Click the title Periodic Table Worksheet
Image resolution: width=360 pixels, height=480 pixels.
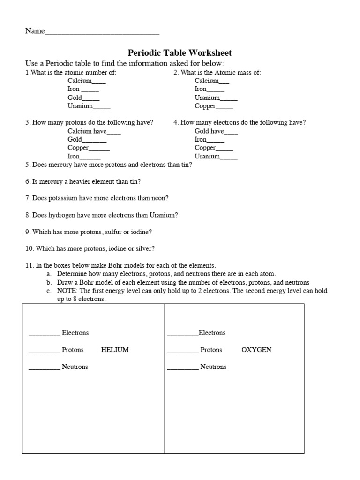coord(180,53)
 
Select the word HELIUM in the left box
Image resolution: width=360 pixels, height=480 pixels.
coord(115,350)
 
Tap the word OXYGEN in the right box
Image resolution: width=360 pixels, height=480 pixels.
coord(256,350)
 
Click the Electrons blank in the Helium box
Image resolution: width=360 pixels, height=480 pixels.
coord(44,334)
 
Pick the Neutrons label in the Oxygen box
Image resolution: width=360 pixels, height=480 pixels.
coord(213,367)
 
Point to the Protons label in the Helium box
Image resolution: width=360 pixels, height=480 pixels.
coord(73,350)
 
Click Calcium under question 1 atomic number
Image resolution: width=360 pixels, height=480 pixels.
coord(80,81)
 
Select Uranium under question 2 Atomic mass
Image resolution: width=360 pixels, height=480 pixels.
coord(207,97)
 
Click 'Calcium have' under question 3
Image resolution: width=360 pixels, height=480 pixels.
coord(87,131)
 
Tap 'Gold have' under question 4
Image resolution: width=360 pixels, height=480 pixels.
coord(209,131)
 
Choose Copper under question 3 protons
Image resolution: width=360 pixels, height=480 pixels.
coord(78,148)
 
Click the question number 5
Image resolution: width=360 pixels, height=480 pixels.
coord(27,165)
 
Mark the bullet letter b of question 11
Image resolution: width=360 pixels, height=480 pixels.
coord(48,283)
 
